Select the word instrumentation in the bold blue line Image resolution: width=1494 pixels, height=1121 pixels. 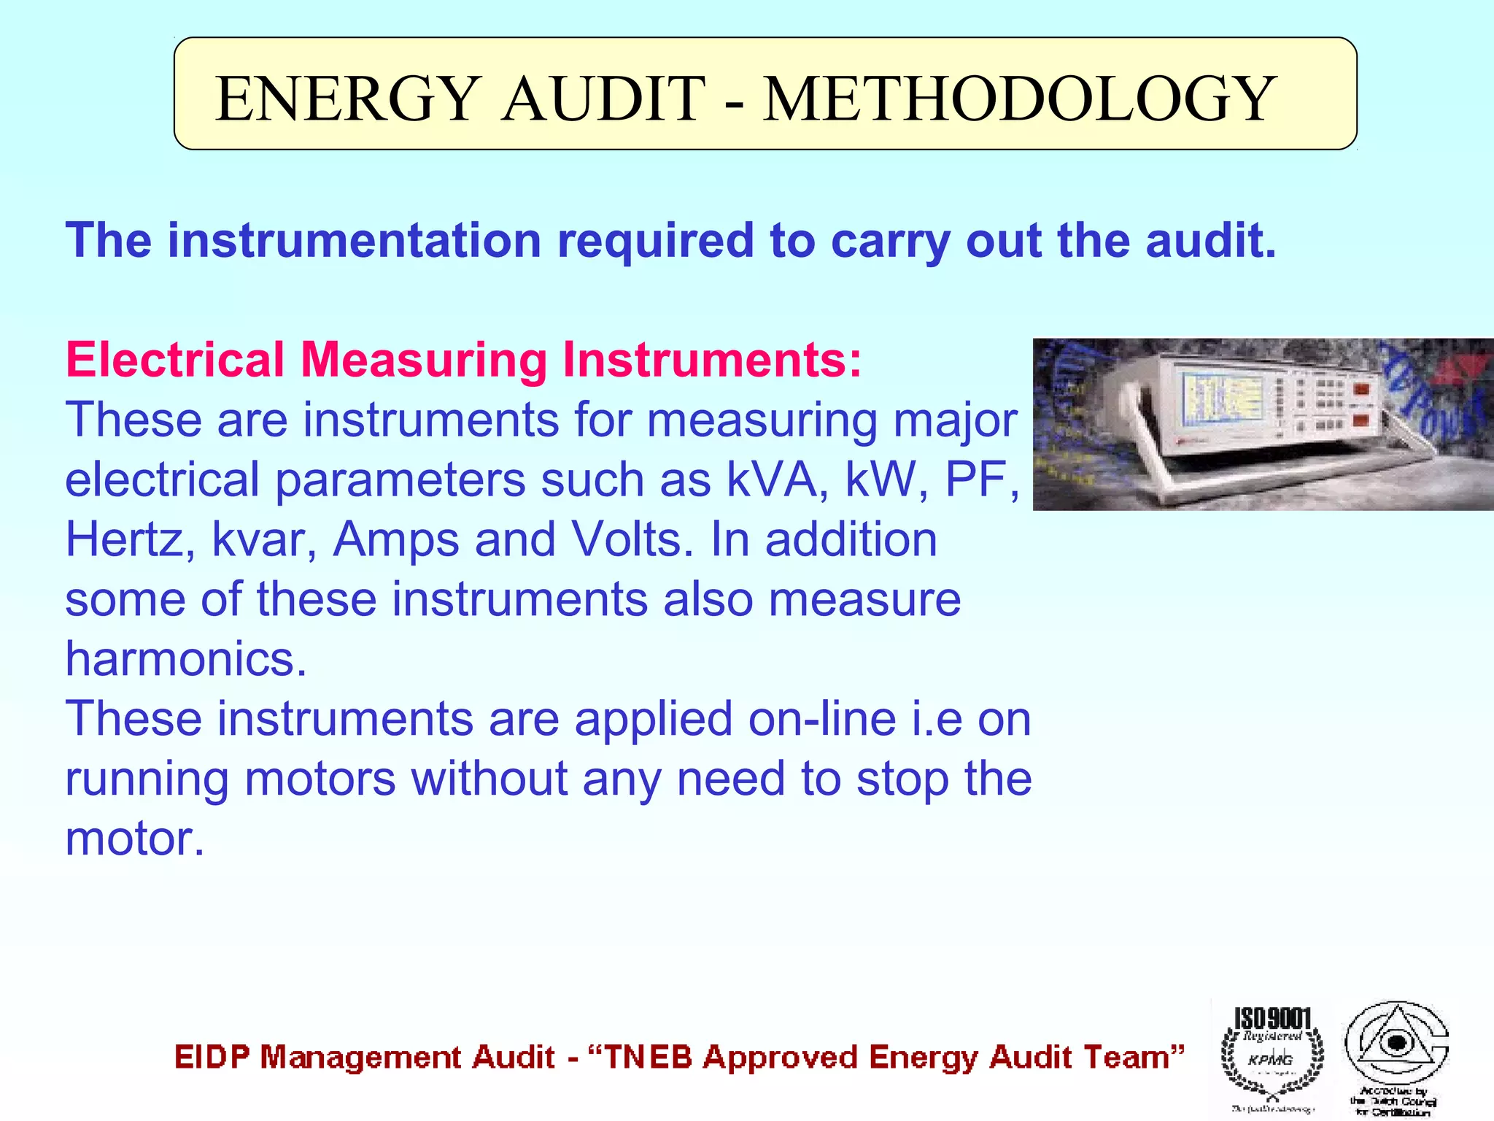(x=355, y=240)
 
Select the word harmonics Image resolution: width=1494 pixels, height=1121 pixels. (x=186, y=659)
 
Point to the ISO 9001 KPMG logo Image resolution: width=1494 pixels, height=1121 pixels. (x=1272, y=1055)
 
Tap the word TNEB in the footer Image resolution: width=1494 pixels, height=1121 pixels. (x=648, y=1058)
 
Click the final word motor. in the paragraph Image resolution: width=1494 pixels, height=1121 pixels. (x=135, y=839)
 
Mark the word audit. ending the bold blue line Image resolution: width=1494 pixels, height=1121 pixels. (x=1211, y=240)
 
